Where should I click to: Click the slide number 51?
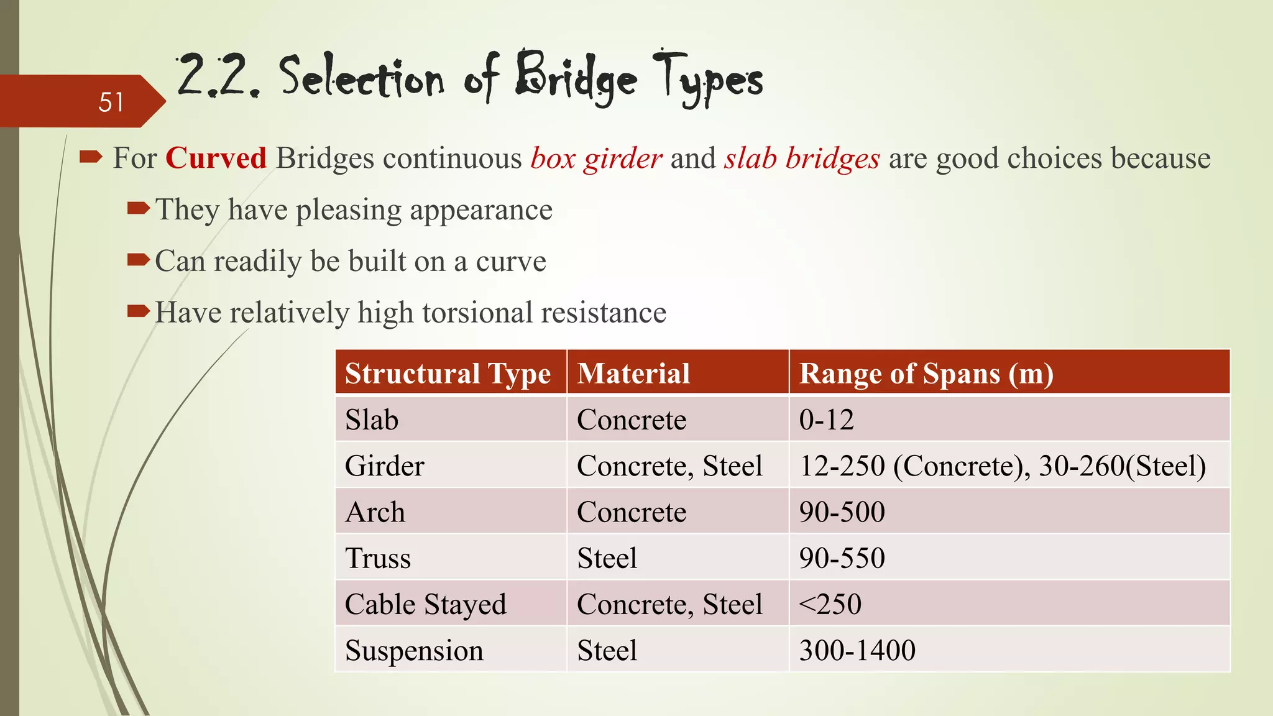click(x=111, y=102)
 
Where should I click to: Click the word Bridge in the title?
click(x=576, y=80)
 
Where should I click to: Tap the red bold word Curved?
click(x=216, y=158)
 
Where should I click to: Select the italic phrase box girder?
click(x=596, y=158)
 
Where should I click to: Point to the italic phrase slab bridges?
click(x=802, y=158)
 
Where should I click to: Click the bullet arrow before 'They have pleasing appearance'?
click(x=138, y=208)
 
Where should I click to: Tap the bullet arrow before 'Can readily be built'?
click(x=138, y=259)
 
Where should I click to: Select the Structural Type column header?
click(x=448, y=374)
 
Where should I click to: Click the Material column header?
click(x=633, y=374)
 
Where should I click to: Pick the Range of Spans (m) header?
click(x=926, y=374)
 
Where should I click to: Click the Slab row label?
click(x=372, y=420)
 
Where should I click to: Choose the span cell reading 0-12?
click(x=826, y=420)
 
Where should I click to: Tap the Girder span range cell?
click(x=1002, y=466)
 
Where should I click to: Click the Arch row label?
click(x=375, y=512)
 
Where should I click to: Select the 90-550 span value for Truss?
click(x=842, y=558)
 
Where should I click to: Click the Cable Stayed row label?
click(x=426, y=604)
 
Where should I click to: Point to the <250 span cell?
click(x=830, y=604)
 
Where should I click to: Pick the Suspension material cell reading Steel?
click(x=607, y=651)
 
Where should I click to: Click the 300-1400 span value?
click(x=857, y=651)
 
